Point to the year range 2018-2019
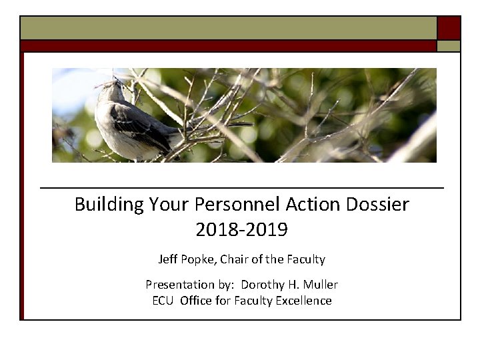point(241,230)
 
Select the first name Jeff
point(168,259)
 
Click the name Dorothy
point(262,285)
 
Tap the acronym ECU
point(163,301)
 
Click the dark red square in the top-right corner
point(449,28)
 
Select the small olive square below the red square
point(449,46)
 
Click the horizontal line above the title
point(241,189)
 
